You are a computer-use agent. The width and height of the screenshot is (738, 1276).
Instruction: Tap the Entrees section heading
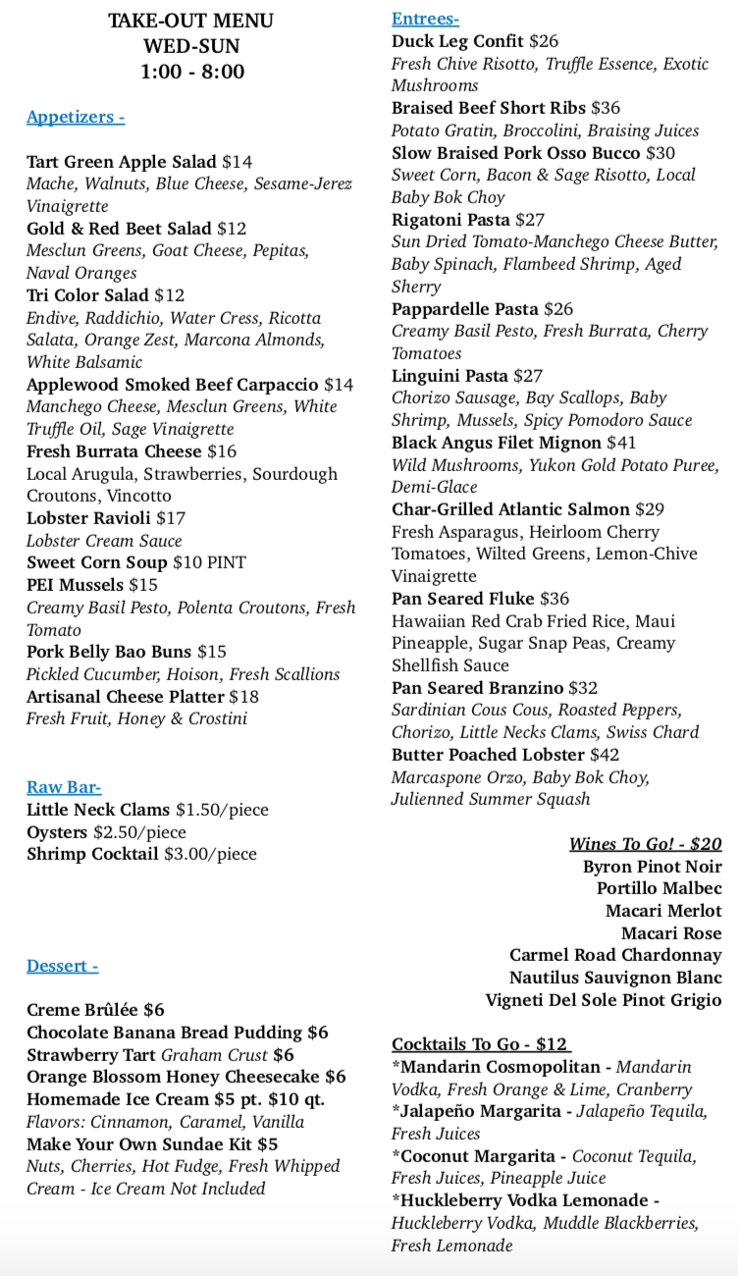425,19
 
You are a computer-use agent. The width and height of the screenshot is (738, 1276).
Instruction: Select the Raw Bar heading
64,787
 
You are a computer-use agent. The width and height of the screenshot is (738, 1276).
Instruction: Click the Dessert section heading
63,966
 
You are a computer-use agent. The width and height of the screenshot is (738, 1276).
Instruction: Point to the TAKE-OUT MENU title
191,21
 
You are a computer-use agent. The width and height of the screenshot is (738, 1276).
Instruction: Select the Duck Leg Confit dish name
457,41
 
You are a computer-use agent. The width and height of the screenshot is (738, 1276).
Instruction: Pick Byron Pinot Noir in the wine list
652,867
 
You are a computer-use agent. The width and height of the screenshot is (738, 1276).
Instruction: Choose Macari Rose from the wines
671,933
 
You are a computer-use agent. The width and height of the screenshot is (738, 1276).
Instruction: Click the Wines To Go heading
645,844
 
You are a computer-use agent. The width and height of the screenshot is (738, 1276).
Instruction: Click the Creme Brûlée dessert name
82,1010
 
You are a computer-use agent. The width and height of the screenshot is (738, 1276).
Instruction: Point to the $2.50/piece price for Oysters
139,832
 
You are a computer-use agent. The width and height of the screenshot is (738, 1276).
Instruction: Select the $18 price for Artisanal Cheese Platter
244,696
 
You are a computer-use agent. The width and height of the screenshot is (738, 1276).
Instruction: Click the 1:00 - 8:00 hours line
192,72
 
